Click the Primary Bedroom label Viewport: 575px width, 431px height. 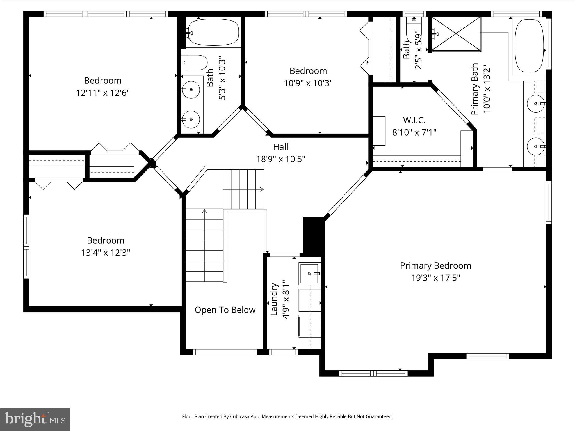click(x=435, y=265)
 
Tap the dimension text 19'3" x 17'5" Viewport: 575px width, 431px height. click(x=435, y=278)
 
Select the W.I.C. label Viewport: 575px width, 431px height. click(x=414, y=120)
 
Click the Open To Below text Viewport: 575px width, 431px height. click(x=225, y=310)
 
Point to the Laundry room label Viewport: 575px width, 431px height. click(x=274, y=299)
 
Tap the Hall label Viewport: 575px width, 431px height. click(x=280, y=147)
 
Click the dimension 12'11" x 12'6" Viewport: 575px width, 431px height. click(x=103, y=93)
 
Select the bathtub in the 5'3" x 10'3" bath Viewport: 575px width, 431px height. click(x=213, y=32)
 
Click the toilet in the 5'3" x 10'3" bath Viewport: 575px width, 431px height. click(x=195, y=63)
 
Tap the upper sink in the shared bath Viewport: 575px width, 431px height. click(x=191, y=90)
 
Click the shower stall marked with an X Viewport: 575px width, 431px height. click(x=456, y=34)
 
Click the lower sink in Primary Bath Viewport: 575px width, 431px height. click(x=536, y=146)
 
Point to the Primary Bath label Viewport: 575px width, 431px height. click(x=474, y=89)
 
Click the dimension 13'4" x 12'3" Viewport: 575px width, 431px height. click(x=106, y=253)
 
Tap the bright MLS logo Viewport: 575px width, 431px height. click(x=35, y=419)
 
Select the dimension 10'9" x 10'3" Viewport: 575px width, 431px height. click(x=308, y=83)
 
